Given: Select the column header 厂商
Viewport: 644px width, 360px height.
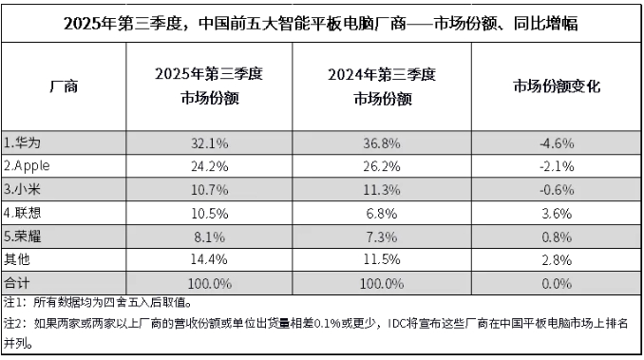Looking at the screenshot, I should click(x=63, y=87).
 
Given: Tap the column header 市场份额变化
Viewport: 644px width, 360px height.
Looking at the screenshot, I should click(x=556, y=87).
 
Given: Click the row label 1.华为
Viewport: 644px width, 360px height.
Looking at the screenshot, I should click(x=22, y=143).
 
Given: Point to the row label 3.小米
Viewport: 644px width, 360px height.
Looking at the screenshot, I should click(x=22, y=186).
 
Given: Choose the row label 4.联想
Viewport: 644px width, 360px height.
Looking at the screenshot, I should click(x=22, y=207).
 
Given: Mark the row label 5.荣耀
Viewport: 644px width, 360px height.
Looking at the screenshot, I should click(x=22, y=229).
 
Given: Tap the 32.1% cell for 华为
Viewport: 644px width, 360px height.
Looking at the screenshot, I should click(x=207, y=143).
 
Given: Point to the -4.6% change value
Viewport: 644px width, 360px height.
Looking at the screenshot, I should click(x=556, y=143).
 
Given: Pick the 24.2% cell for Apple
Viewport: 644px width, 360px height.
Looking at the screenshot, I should click(x=207, y=164).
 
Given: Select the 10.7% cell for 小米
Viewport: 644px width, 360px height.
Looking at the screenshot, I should click(x=207, y=186).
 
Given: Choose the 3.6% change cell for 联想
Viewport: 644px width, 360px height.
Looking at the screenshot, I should click(x=556, y=207).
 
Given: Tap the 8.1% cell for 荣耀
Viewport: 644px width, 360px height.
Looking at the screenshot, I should click(x=207, y=229).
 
